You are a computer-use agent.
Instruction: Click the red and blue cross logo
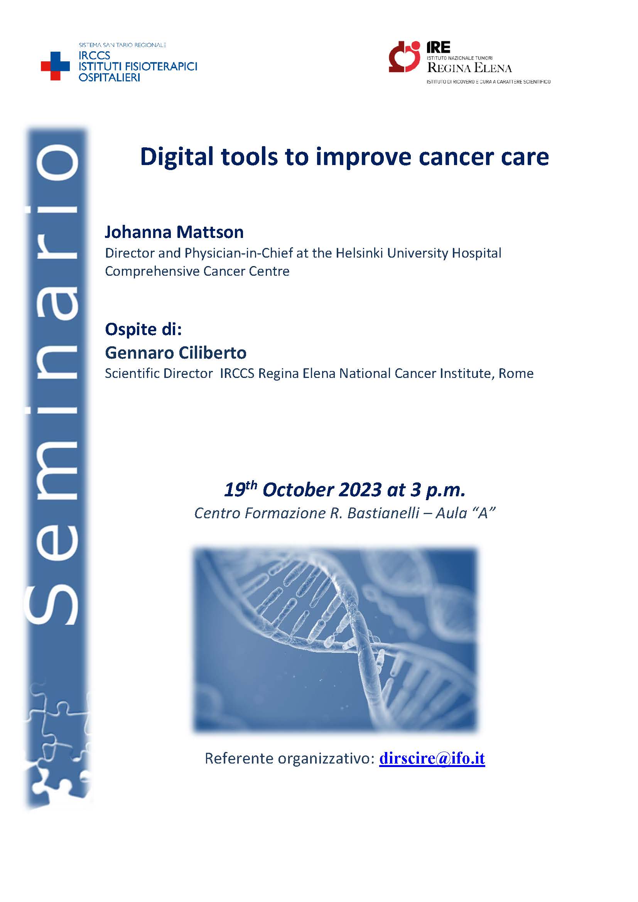click(56, 66)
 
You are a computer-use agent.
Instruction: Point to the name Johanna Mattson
click(174, 232)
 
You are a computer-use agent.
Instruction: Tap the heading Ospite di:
click(143, 329)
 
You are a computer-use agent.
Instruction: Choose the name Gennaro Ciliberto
click(176, 352)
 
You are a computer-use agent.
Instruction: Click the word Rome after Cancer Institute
click(516, 373)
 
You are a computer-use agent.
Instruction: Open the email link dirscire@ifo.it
click(432, 758)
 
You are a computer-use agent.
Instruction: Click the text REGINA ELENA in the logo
click(469, 68)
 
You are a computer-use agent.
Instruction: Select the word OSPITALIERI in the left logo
click(109, 78)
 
